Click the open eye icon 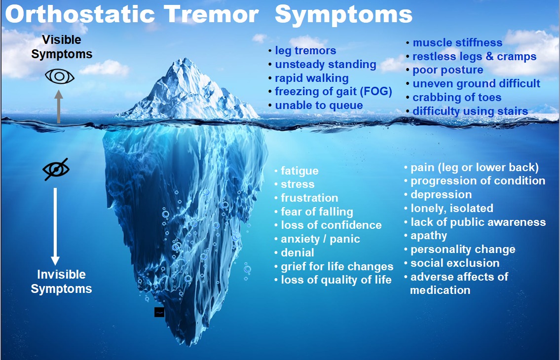pos(60,76)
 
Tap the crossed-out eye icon pos(56,169)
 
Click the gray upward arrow pos(59,107)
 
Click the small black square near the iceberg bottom pos(159,312)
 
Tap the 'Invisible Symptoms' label pos(61,282)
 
